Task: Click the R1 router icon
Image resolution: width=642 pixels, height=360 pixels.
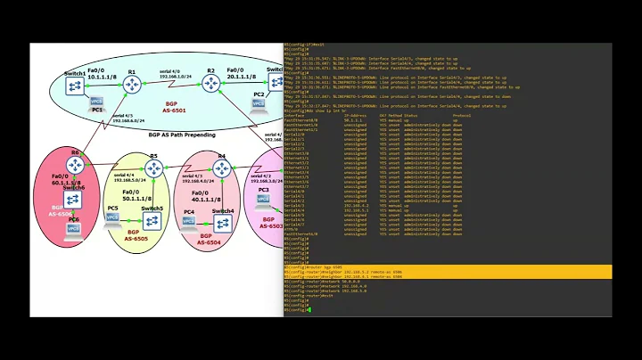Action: pos(133,84)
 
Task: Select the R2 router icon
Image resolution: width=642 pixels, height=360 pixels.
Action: pos(211,84)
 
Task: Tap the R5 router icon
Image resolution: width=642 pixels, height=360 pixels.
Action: pos(152,168)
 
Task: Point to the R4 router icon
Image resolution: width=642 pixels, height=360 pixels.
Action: pos(220,168)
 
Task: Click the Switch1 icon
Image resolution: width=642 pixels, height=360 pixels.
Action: pos(76,85)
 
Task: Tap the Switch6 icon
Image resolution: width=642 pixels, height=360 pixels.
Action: pos(76,200)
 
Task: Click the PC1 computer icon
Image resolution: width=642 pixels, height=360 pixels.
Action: pos(97,101)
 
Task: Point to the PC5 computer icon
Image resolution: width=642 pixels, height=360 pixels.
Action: pos(113,219)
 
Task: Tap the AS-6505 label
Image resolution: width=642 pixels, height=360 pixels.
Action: pos(136,239)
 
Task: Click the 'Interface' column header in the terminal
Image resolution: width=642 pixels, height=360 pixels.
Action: pos(294,116)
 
